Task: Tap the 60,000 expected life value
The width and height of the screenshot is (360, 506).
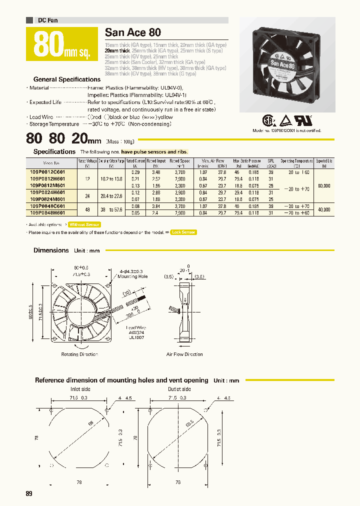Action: pos(323,185)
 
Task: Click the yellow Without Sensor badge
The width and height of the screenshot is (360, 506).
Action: pos(84,224)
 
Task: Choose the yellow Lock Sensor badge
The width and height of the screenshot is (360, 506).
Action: pos(183,232)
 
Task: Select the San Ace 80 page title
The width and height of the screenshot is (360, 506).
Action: pos(133,33)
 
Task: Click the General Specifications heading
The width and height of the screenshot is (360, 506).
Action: pos(66,79)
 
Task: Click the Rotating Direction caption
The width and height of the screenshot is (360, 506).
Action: pos(79,354)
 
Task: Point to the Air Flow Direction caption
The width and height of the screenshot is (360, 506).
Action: pos(184,354)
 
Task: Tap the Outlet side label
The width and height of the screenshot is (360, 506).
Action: pos(179,389)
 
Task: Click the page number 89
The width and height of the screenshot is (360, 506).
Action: pos(28,493)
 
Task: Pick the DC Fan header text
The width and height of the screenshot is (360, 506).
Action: pos(47,20)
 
